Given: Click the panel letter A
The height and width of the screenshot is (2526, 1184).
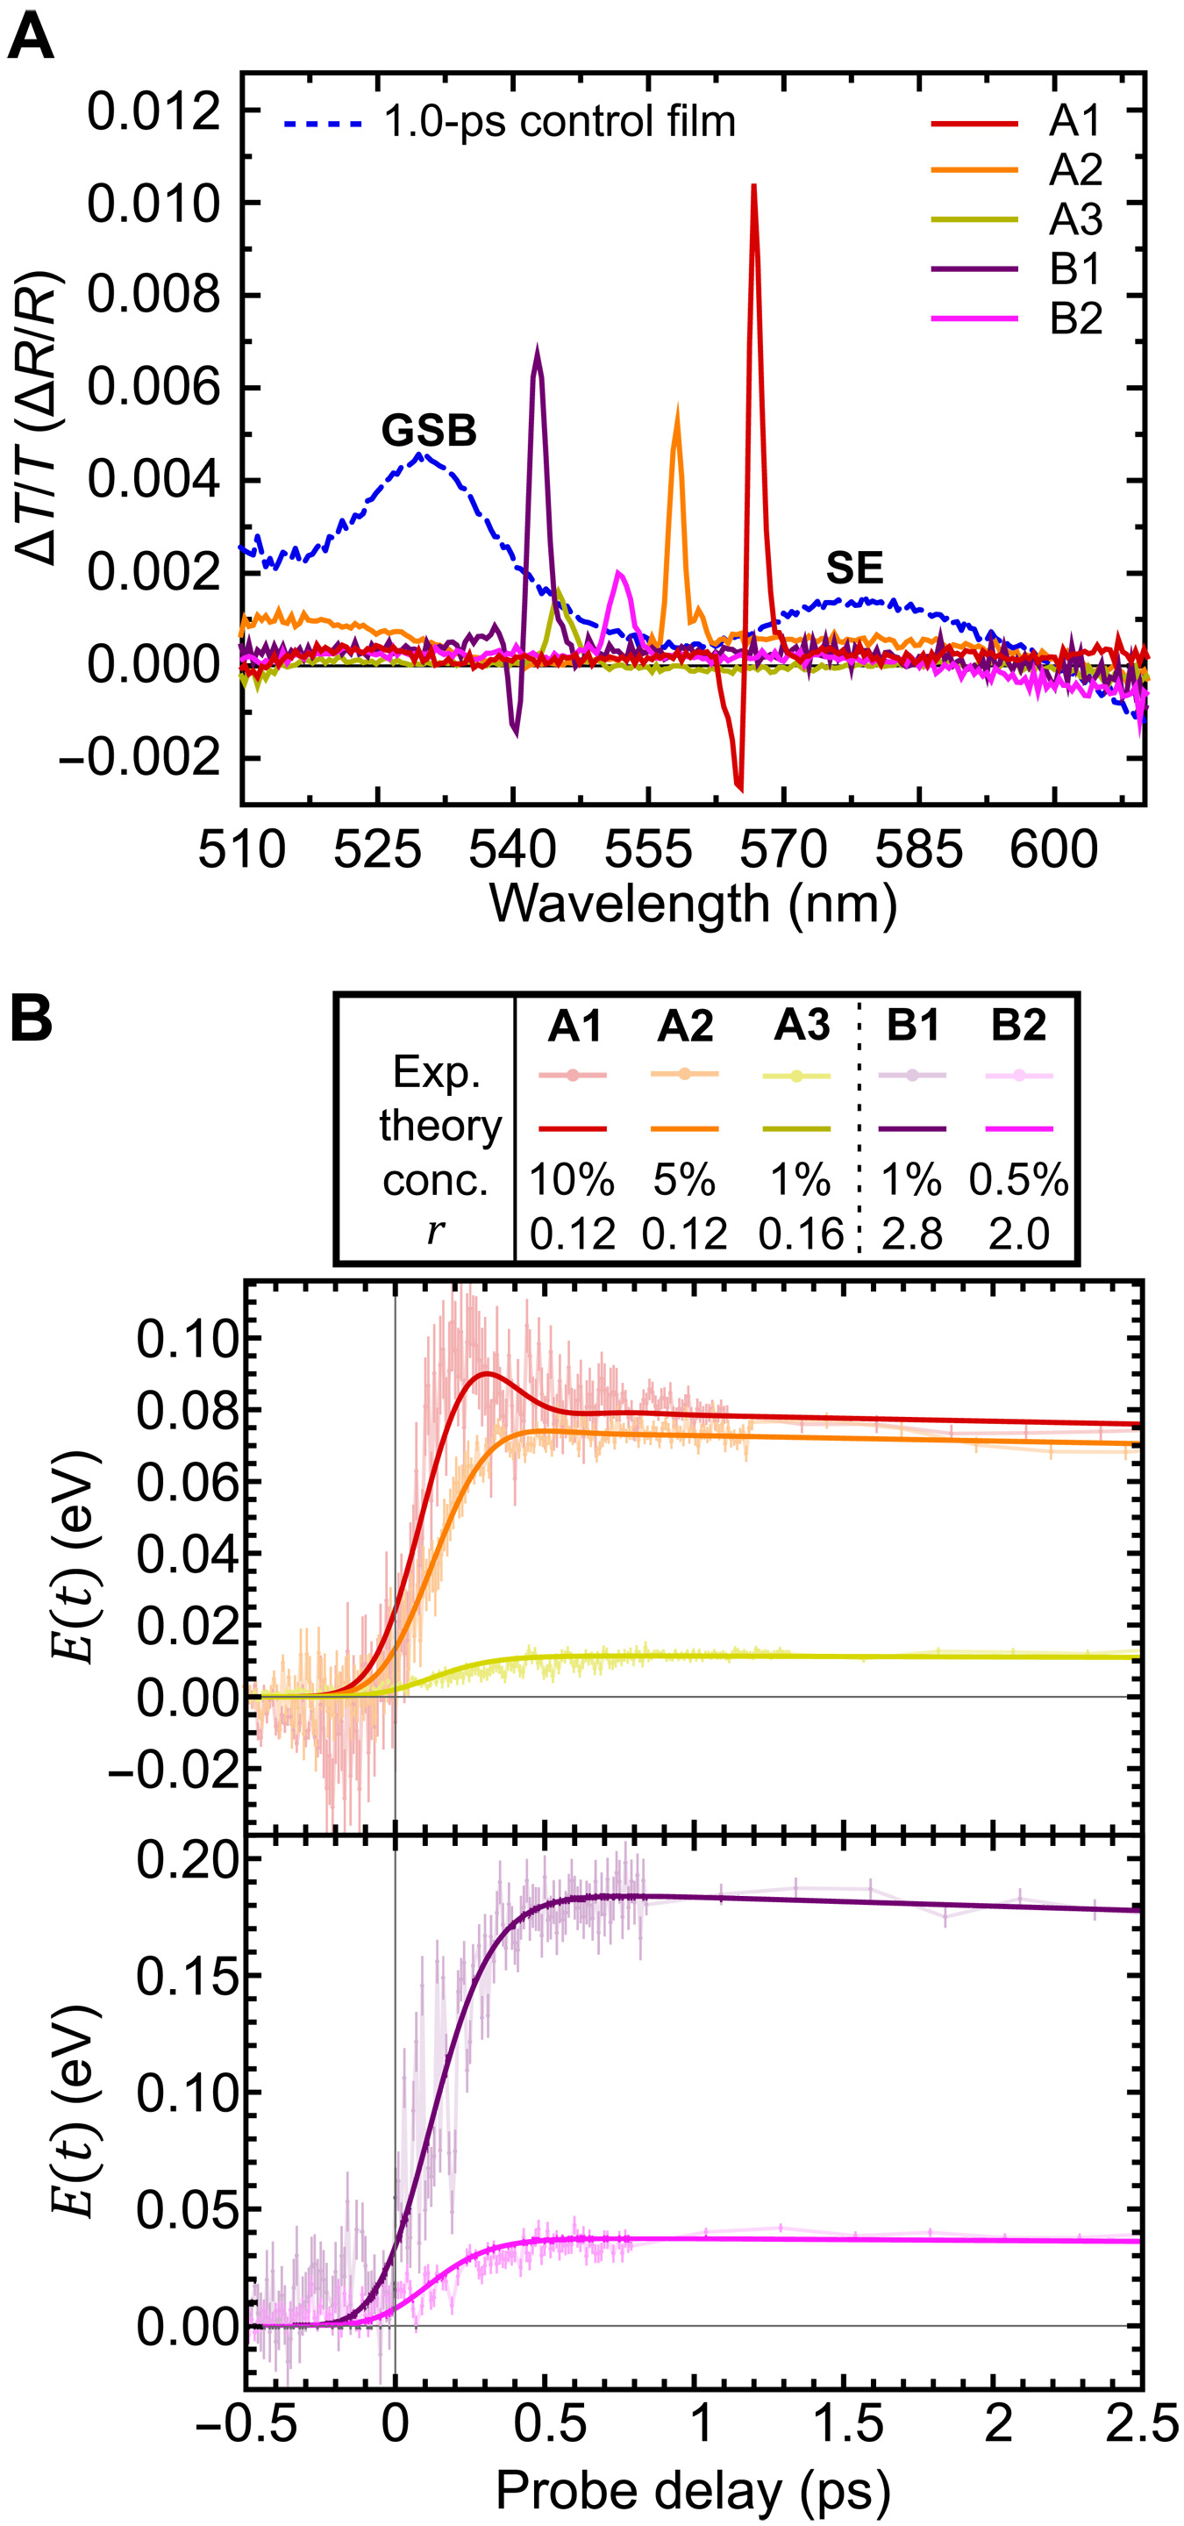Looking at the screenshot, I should (31, 40).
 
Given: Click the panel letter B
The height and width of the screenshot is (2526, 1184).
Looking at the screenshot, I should (31, 1020).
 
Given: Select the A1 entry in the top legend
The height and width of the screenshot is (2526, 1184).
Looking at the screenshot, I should (1075, 122).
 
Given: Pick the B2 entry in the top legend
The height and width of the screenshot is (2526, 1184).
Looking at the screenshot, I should (1075, 318).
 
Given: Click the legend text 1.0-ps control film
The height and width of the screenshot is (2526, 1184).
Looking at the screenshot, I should (559, 123).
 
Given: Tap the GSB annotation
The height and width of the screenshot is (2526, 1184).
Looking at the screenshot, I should (428, 432).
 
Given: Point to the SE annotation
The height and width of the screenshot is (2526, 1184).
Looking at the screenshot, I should (853, 569).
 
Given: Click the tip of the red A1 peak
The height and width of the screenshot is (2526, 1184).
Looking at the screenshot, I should (753, 186).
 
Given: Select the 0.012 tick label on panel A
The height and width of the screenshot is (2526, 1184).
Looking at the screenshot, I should (153, 111).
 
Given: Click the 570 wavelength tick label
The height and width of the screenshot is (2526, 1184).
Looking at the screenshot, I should (783, 850).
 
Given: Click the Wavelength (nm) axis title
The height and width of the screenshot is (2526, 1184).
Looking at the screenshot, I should (693, 903).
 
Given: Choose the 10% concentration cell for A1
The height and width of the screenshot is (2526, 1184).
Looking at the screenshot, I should (573, 1181).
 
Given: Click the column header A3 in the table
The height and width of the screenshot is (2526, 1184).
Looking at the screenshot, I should (801, 1026).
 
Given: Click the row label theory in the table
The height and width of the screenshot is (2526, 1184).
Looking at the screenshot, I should (440, 1126).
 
